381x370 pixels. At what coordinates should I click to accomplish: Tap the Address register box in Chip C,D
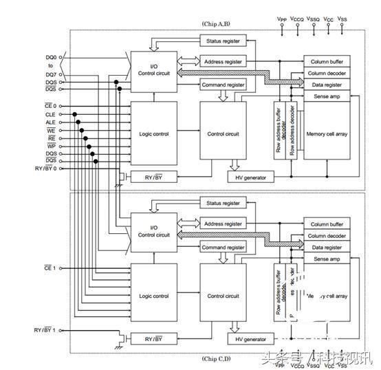tap(223, 224)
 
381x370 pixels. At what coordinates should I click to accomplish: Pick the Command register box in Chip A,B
tap(223, 85)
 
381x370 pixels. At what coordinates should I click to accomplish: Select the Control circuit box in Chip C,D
tap(223, 296)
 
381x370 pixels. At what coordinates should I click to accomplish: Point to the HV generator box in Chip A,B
tap(250, 177)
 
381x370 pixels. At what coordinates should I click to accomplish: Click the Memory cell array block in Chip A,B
tap(325, 133)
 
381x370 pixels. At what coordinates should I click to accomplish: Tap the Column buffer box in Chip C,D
tap(326, 224)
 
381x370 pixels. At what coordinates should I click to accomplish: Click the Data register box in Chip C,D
tap(326, 247)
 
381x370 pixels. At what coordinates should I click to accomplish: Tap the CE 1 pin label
tap(50, 267)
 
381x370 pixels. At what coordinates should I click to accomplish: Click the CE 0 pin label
tap(48, 105)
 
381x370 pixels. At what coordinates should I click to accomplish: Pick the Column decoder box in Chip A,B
tap(326, 73)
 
